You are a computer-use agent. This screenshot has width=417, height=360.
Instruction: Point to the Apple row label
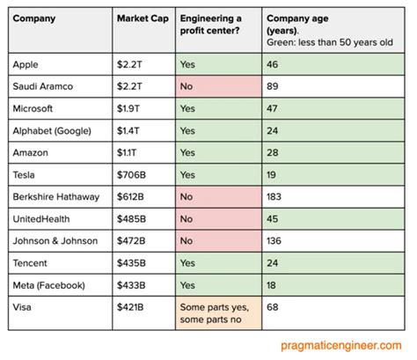27,63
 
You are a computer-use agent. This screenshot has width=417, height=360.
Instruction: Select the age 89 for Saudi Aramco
274,85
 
